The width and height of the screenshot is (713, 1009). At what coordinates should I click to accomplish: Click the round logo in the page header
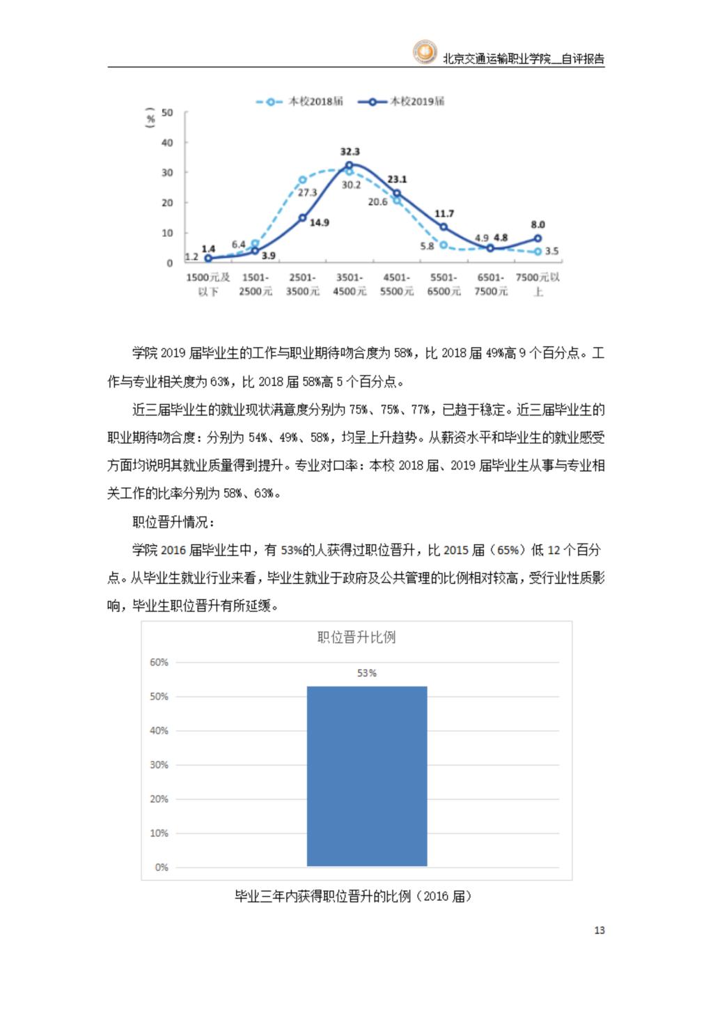point(424,52)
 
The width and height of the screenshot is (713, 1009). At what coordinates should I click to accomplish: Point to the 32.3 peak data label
point(350,152)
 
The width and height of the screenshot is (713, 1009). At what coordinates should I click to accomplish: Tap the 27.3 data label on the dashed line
point(307,192)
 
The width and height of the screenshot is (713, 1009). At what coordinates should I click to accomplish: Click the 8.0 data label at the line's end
point(538,225)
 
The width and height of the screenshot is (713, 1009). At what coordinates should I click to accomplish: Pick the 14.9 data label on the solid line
point(319,223)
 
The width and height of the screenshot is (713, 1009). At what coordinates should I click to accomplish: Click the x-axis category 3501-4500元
point(350,284)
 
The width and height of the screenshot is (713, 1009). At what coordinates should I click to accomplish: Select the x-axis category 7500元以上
point(538,284)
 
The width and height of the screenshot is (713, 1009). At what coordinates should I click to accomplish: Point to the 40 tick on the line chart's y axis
point(167,143)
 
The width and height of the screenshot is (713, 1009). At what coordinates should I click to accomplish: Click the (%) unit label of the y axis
point(150,118)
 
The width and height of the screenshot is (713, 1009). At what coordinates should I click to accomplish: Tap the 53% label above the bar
point(367,673)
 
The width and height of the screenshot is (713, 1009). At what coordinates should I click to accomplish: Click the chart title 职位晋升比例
point(356,637)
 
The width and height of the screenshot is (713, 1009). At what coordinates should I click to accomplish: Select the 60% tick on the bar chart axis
point(159,663)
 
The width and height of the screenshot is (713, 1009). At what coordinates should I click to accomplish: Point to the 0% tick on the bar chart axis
point(162,868)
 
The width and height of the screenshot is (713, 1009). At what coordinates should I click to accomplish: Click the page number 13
point(599,930)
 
